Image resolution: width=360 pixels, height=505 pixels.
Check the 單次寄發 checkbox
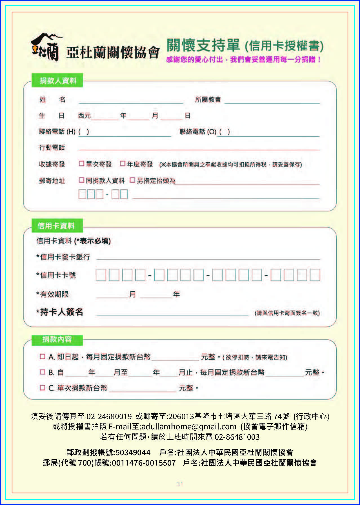[81, 163]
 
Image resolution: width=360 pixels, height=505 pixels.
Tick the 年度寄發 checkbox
[123, 163]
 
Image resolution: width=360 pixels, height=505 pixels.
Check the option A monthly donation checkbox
[43, 356]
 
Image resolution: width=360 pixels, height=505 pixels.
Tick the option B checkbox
[43, 372]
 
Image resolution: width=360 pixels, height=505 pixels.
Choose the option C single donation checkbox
[43, 388]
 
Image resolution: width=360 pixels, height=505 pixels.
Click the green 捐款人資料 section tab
[57, 81]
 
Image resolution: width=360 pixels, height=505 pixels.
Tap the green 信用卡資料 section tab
[56, 225]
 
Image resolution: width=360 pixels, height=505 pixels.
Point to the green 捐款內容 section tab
[57, 340]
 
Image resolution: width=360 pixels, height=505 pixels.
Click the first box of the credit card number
[101, 275]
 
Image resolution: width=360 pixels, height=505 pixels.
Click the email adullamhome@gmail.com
[189, 426]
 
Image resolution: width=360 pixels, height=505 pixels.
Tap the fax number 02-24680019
[109, 416]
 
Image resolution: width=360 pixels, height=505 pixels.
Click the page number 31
[180, 484]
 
